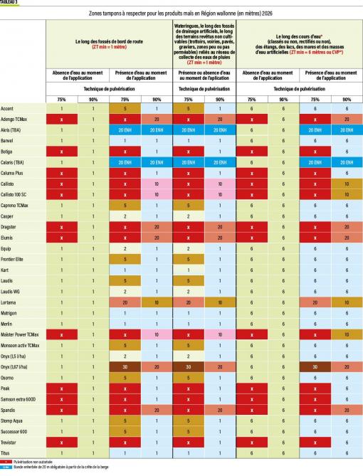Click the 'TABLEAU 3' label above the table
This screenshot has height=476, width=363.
tap(10, 2)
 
